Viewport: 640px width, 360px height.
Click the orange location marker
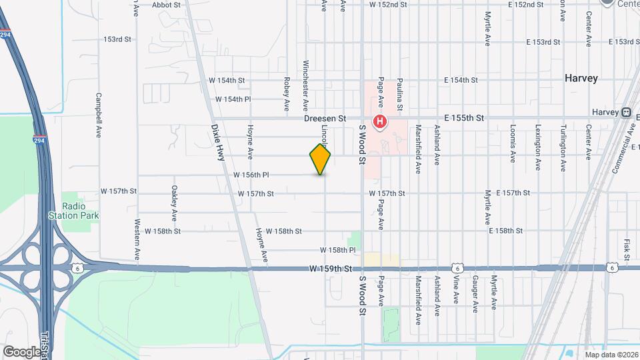[320, 159]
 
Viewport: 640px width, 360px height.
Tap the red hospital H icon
[379, 121]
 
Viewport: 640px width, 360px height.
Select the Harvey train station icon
[627, 112]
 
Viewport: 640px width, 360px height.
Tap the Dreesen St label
[325, 118]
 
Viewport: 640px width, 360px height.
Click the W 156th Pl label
[251, 175]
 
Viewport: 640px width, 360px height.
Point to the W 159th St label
[330, 269]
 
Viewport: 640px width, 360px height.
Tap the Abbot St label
[167, 5]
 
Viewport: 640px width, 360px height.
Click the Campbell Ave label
[98, 115]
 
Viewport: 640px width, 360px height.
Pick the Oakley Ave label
[174, 203]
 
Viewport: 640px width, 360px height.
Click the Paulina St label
[400, 93]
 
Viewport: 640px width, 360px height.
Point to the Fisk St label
[627, 249]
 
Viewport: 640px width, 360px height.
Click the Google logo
[21, 351]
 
